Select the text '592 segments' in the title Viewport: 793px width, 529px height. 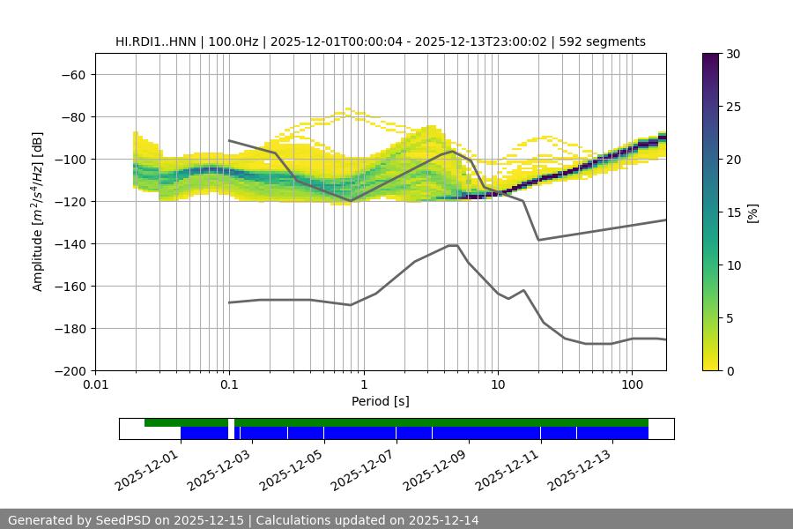pos(607,41)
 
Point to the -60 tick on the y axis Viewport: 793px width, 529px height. pos(74,74)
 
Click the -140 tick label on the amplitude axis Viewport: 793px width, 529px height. pos(70,243)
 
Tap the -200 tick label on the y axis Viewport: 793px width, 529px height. pos(70,370)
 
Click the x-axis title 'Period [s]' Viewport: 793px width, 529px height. pos(381,401)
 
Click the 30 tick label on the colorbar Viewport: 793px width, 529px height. pos(733,54)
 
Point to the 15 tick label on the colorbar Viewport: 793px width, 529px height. pos(733,212)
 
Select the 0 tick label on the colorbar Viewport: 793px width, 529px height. pos(730,370)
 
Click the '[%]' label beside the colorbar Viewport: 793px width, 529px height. pos(752,212)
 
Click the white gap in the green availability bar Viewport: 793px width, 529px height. pos(231,423)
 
